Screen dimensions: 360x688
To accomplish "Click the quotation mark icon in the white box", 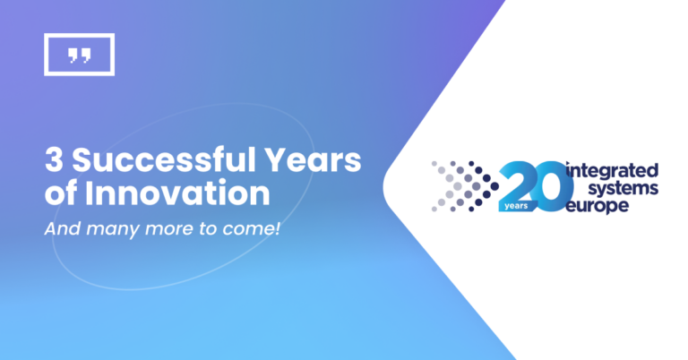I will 79,56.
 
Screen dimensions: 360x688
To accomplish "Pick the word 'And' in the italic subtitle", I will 60,228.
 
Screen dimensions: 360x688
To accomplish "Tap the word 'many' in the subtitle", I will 106,229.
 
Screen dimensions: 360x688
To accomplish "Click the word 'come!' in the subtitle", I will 255,228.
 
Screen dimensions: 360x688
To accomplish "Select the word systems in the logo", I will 624,188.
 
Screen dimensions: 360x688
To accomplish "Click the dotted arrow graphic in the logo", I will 464,185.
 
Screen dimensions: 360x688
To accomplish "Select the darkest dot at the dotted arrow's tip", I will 496,185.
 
